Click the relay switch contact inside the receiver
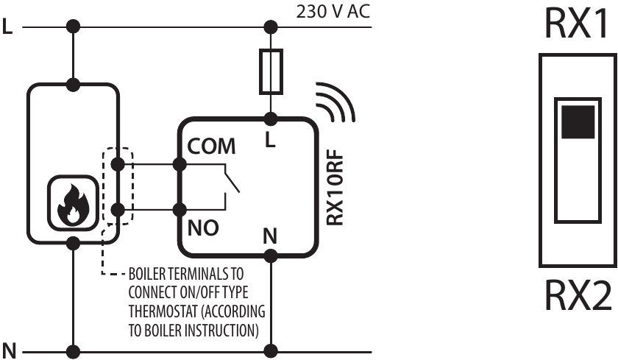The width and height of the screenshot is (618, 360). (230, 180)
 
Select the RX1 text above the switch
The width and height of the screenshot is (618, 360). (576, 26)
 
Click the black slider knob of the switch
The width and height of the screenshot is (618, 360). (577, 121)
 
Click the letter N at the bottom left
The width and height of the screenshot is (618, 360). (9, 348)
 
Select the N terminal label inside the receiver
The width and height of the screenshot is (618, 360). (270, 237)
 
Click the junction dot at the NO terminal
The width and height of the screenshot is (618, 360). (179, 210)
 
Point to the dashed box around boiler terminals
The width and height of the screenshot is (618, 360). (116, 187)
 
